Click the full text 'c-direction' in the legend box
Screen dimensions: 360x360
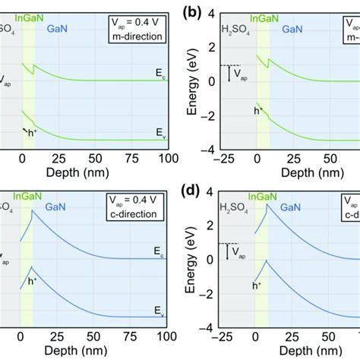point(134,215)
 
